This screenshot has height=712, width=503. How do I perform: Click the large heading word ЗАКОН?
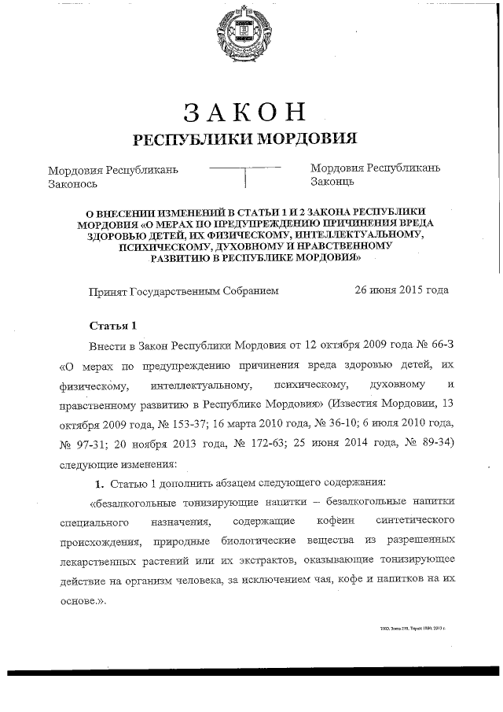coord(244,113)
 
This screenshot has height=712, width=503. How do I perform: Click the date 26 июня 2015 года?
coord(402,290)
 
